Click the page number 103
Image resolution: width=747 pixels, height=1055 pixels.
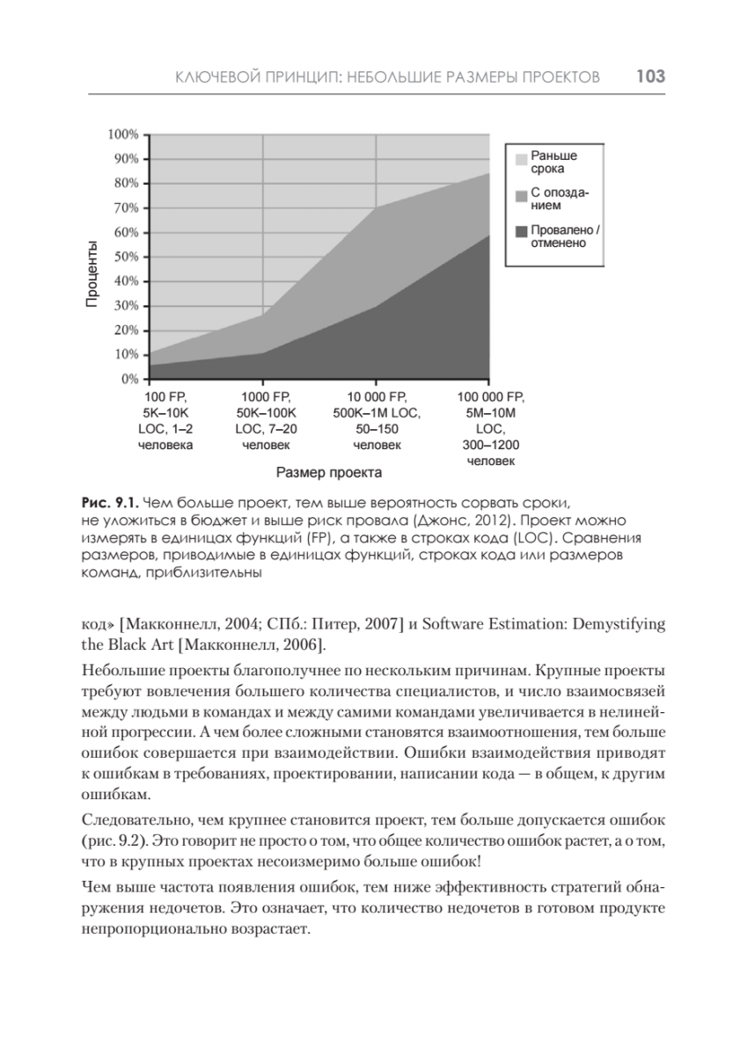649,77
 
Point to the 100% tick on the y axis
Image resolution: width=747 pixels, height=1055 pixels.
123,135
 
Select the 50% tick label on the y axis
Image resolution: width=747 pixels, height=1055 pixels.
126,257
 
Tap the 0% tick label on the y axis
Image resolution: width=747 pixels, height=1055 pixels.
129,379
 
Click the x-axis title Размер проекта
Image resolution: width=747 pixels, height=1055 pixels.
329,473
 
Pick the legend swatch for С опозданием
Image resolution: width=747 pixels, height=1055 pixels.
521,195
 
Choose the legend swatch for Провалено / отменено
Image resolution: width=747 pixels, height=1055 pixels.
521,232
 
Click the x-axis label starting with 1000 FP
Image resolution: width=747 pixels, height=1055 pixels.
267,420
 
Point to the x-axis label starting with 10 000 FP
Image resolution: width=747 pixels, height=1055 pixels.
377,420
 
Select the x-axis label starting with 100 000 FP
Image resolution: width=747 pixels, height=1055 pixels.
491,428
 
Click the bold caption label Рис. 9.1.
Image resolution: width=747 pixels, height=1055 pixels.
107,503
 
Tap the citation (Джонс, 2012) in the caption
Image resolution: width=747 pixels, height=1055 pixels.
465,520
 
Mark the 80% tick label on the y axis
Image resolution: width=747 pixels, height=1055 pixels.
126,183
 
